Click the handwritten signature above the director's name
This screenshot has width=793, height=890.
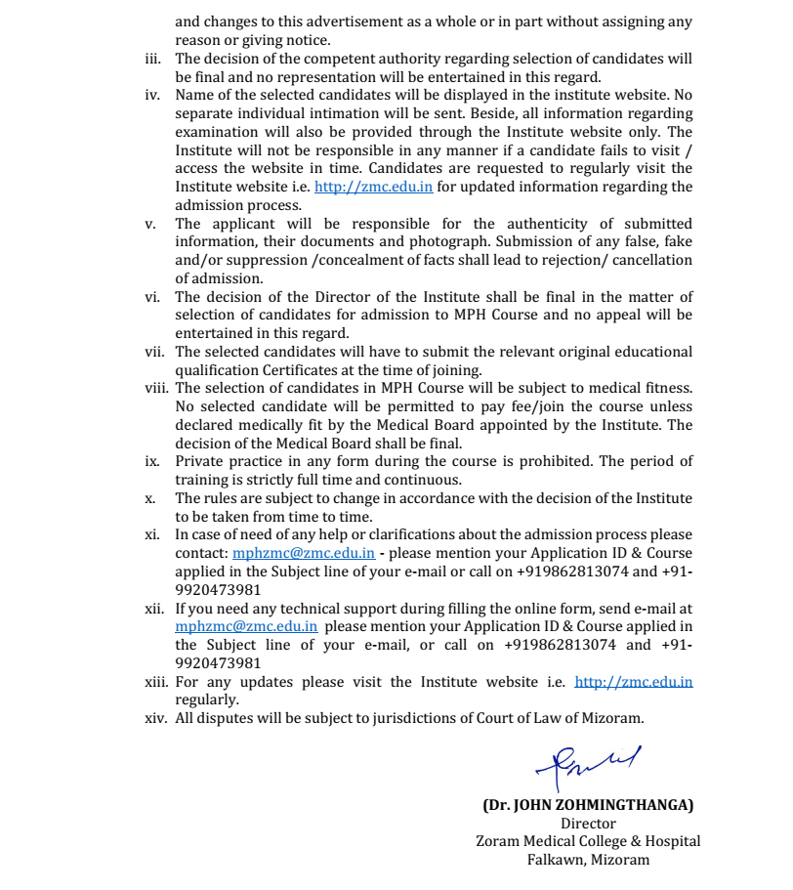[587, 763]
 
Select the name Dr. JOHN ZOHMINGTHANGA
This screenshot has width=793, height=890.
[588, 805]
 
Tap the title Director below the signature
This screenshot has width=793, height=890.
[588, 824]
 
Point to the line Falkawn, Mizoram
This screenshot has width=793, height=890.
[588, 860]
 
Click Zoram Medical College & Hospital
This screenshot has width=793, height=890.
[588, 841]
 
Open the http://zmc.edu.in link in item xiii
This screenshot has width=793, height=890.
[634, 682]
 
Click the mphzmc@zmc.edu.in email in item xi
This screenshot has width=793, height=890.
[304, 553]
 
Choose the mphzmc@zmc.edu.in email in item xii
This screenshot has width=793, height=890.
[246, 626]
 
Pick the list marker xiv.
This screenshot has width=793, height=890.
[156, 719]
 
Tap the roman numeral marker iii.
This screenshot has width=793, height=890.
[152, 59]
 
